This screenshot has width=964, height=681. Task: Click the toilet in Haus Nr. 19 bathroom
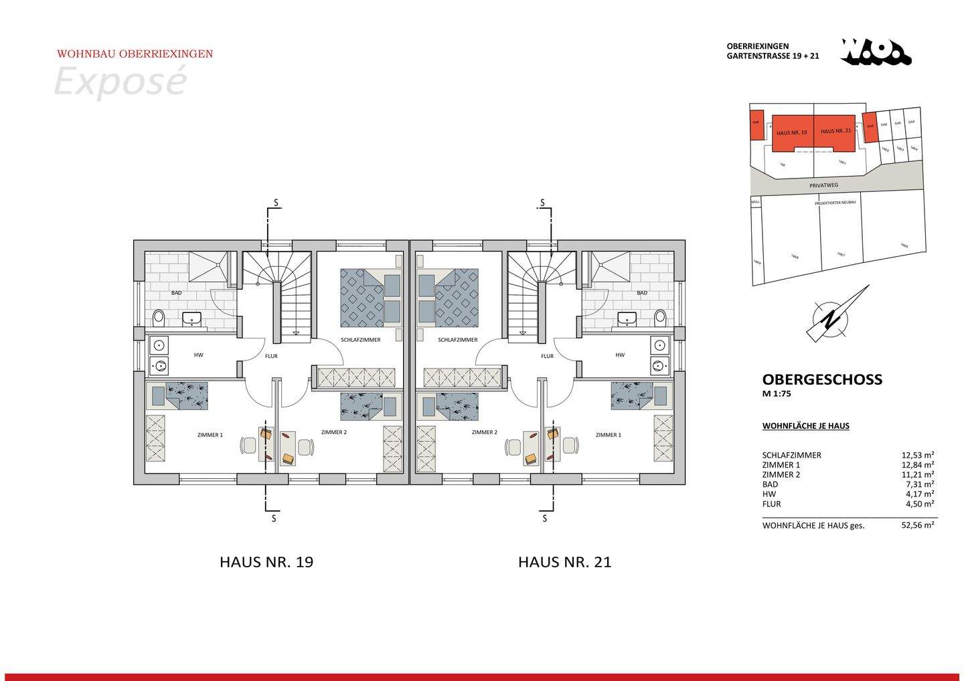pos(159,316)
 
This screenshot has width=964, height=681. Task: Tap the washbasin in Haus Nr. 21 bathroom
pos(627,318)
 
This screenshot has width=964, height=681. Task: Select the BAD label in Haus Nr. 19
pos(176,293)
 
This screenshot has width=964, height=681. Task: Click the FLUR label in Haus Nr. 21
pos(547,356)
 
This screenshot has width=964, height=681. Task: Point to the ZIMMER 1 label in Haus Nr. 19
pos(210,435)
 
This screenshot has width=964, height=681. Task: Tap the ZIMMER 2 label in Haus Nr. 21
pos(483,432)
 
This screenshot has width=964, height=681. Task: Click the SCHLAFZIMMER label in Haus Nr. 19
pos(360,340)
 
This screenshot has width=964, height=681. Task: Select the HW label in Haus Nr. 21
pos(620,355)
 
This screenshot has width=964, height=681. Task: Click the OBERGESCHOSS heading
pos(822,379)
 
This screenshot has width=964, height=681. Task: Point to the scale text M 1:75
pos(777,394)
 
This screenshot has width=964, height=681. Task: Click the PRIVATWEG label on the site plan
pos(823,185)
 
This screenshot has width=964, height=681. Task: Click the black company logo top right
pos(876,52)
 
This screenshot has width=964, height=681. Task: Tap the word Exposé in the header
pos(120,82)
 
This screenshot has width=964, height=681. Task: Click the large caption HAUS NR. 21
pos(564,562)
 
